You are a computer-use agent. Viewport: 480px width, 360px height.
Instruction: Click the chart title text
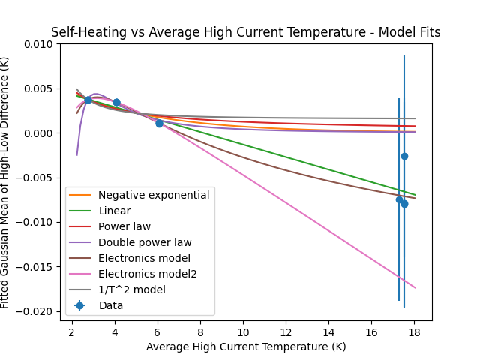pyautogui.click(x=245, y=32)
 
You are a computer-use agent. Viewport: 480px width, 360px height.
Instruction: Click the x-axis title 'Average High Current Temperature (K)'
pyautogui.click(x=246, y=346)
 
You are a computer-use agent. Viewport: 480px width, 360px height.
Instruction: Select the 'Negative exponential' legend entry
pyautogui.click(x=154, y=195)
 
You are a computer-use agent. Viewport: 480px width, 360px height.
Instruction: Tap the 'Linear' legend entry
pyautogui.click(x=114, y=211)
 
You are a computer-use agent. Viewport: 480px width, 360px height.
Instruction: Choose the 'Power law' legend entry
pyautogui.click(x=124, y=226)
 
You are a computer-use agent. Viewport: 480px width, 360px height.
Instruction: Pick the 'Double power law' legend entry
pyautogui.click(x=145, y=242)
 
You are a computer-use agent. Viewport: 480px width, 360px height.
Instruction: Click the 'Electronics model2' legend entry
pyautogui.click(x=148, y=274)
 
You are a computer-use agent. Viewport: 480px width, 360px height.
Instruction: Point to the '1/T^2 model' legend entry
pyautogui.click(x=132, y=289)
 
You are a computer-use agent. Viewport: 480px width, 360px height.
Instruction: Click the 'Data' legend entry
pyautogui.click(x=110, y=305)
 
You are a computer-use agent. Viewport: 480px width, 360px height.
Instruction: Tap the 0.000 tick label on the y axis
pyautogui.click(x=38, y=133)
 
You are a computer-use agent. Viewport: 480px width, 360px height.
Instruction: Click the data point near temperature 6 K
pyautogui.click(x=159, y=123)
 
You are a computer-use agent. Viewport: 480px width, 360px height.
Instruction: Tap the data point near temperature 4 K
pyautogui.click(x=116, y=102)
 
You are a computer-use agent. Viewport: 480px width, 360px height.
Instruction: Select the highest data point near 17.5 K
pyautogui.click(x=404, y=156)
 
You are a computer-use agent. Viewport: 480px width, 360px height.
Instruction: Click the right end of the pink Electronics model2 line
pyautogui.click(x=415, y=287)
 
